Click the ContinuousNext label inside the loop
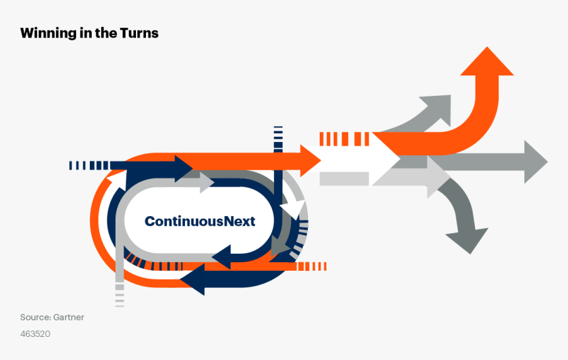pyautogui.click(x=199, y=221)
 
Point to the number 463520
pyautogui.click(x=35, y=334)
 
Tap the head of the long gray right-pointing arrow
pyautogui.click(x=535, y=162)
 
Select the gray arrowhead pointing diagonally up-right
pyautogui.click(x=438, y=108)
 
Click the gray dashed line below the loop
pyautogui.click(x=120, y=294)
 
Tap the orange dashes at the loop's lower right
pyautogui.click(x=311, y=266)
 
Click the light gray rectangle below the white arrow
pyautogui.click(x=343, y=178)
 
